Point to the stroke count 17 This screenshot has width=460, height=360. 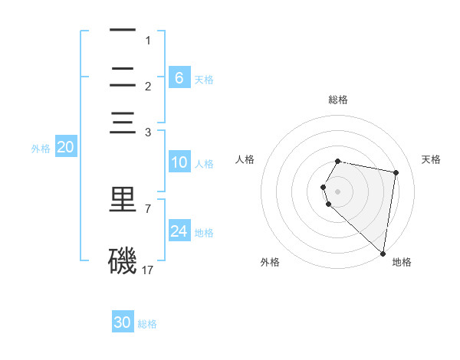point(148,270)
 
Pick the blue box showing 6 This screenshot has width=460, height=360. point(179,77)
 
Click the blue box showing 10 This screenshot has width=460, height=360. point(179,162)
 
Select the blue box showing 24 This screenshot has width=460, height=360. point(179,231)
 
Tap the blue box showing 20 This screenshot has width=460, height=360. point(66,148)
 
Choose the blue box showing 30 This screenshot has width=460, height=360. point(123,322)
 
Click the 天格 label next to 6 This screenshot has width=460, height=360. point(204,79)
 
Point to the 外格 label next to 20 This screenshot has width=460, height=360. point(41,149)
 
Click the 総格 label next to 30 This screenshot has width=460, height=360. point(147,324)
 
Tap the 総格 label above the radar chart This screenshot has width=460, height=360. point(338,100)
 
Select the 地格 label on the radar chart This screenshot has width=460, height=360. point(402,262)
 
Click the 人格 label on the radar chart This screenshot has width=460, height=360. point(245,159)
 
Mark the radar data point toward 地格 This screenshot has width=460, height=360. point(383,253)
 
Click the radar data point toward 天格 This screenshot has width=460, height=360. point(396,173)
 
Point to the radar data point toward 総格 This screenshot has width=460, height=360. point(338,161)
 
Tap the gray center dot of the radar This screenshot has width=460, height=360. point(338,191)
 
